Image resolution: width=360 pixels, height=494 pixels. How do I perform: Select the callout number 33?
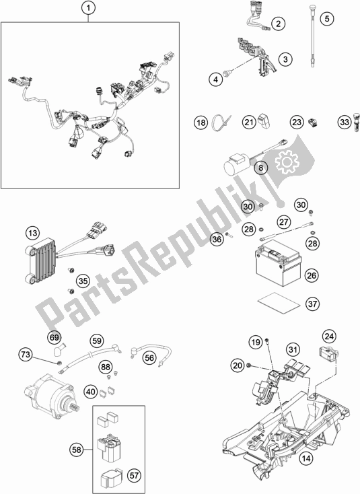coord(344,122)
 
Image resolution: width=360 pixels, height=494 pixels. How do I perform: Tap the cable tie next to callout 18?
coord(221,123)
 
